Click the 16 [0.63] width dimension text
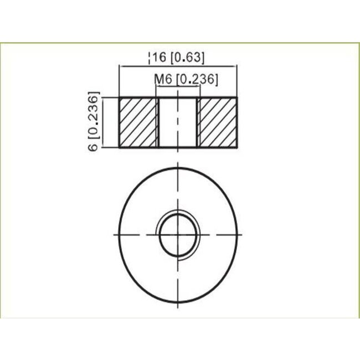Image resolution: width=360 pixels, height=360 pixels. click(x=178, y=57)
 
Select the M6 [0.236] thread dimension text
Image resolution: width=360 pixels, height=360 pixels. click(x=186, y=79)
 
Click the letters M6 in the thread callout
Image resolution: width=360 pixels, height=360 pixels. click(x=161, y=79)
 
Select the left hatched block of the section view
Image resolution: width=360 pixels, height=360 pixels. click(x=138, y=122)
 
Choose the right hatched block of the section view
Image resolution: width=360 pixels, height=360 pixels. click(x=218, y=122)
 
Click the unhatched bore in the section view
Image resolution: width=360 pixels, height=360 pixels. click(x=178, y=122)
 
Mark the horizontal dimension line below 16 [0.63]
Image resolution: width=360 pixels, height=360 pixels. click(x=178, y=66)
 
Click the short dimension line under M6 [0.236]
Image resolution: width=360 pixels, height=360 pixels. click(x=178, y=88)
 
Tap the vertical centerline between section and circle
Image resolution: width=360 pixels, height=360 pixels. click(x=178, y=158)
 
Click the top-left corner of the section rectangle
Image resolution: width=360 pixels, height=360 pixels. click(x=119, y=98)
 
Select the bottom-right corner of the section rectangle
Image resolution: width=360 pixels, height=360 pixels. click(x=238, y=147)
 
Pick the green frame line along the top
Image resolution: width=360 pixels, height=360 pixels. click(x=180, y=42)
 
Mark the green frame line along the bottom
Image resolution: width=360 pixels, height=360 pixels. click(x=180, y=318)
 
